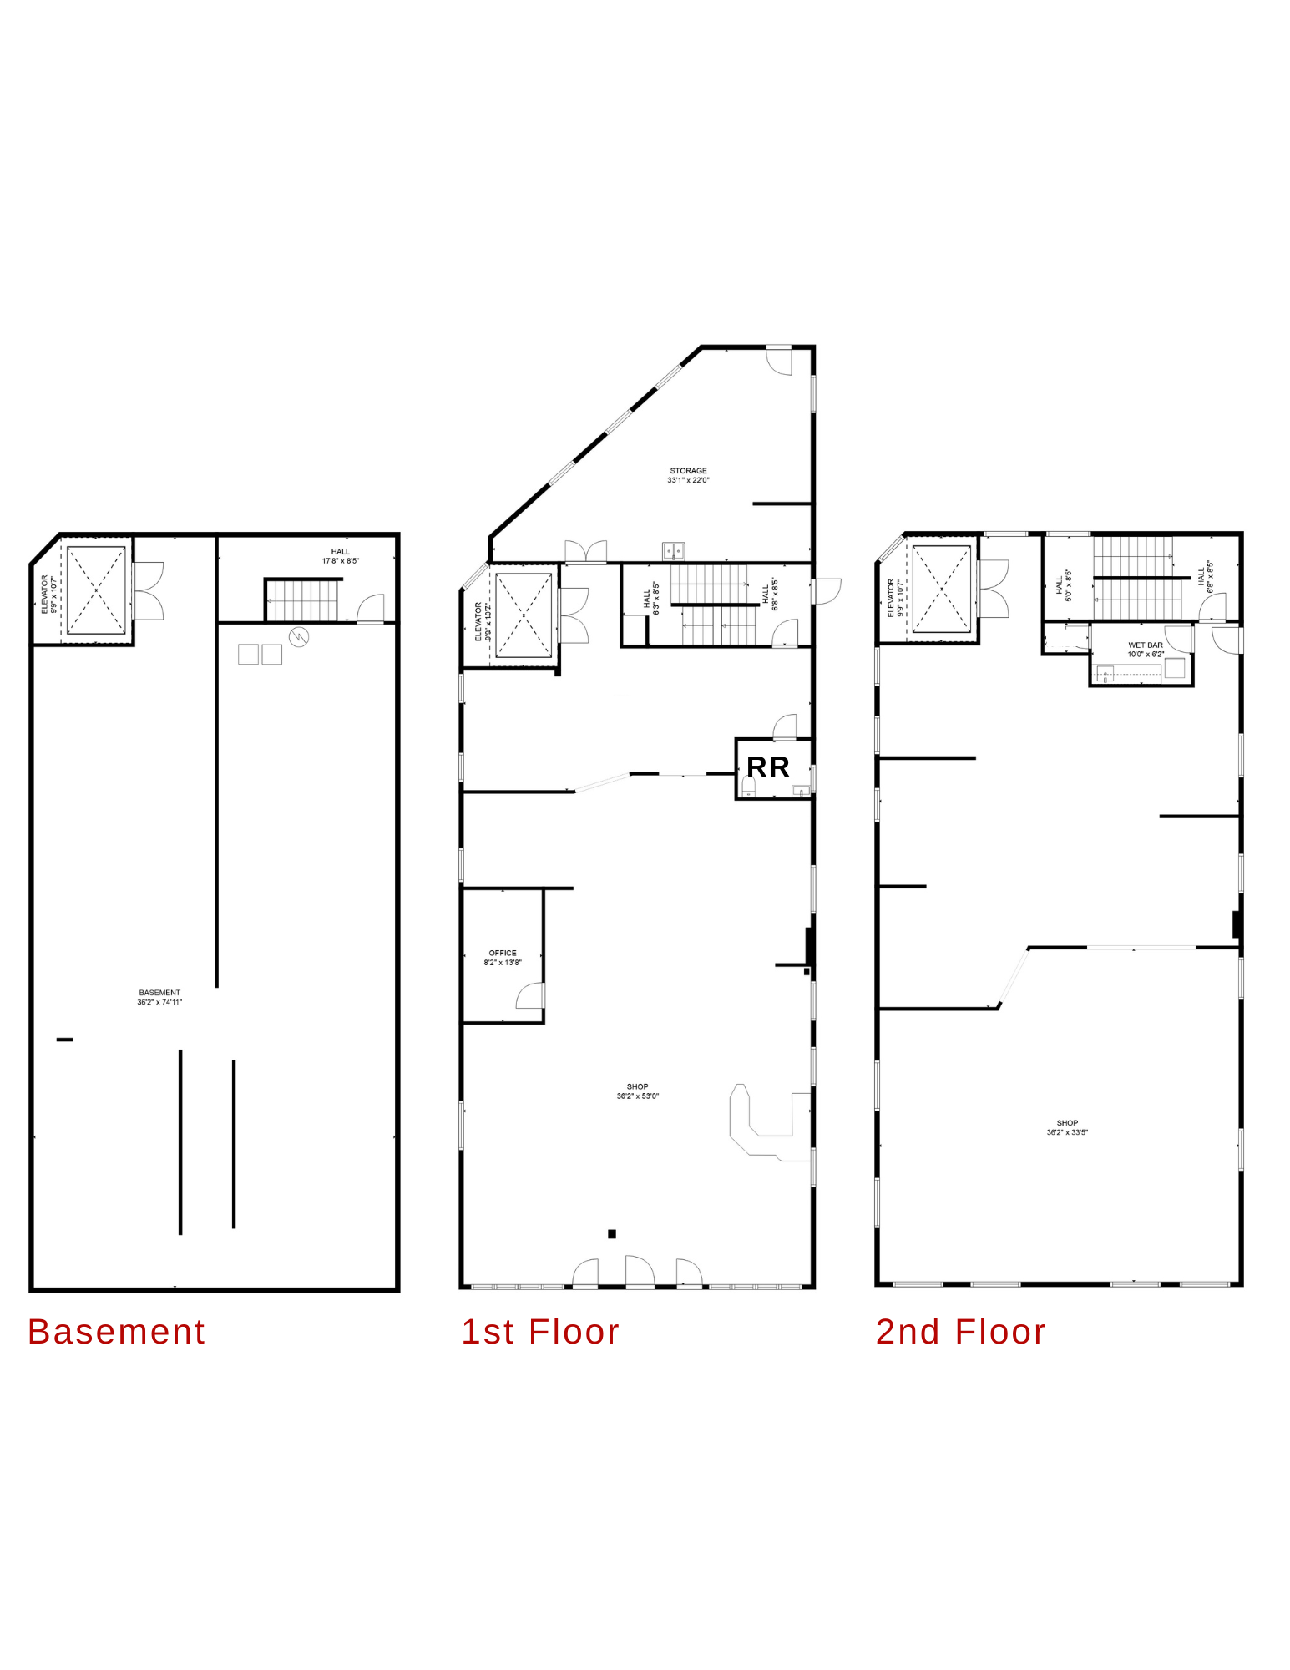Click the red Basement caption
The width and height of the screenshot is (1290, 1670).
pyautogui.click(x=116, y=1332)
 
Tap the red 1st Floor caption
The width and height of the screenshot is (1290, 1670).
pyautogui.click(x=540, y=1332)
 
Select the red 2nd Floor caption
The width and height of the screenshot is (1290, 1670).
pyautogui.click(x=960, y=1332)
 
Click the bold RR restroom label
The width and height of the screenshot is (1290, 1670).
pyautogui.click(x=767, y=767)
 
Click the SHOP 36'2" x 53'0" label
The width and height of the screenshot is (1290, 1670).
pyautogui.click(x=638, y=1091)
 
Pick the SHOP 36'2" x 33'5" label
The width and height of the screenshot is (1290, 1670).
pyautogui.click(x=1067, y=1127)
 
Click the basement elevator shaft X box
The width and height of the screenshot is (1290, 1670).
pyautogui.click(x=96, y=590)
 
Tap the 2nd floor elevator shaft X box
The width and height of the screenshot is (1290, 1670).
pyautogui.click(x=942, y=589)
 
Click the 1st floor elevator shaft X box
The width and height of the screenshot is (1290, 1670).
pyautogui.click(x=524, y=615)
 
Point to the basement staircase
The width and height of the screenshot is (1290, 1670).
pyautogui.click(x=302, y=600)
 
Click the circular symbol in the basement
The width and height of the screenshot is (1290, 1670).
pyautogui.click(x=299, y=637)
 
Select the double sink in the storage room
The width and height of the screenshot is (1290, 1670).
pyautogui.click(x=674, y=551)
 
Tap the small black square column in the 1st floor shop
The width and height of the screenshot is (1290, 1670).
pyautogui.click(x=612, y=1234)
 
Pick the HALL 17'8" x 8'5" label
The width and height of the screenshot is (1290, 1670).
pyautogui.click(x=341, y=556)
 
